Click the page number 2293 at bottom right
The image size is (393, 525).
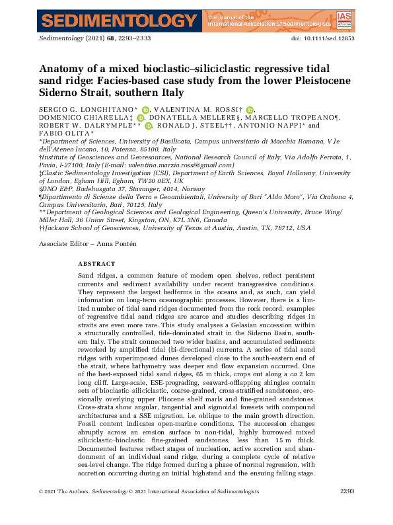pos(347,510)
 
